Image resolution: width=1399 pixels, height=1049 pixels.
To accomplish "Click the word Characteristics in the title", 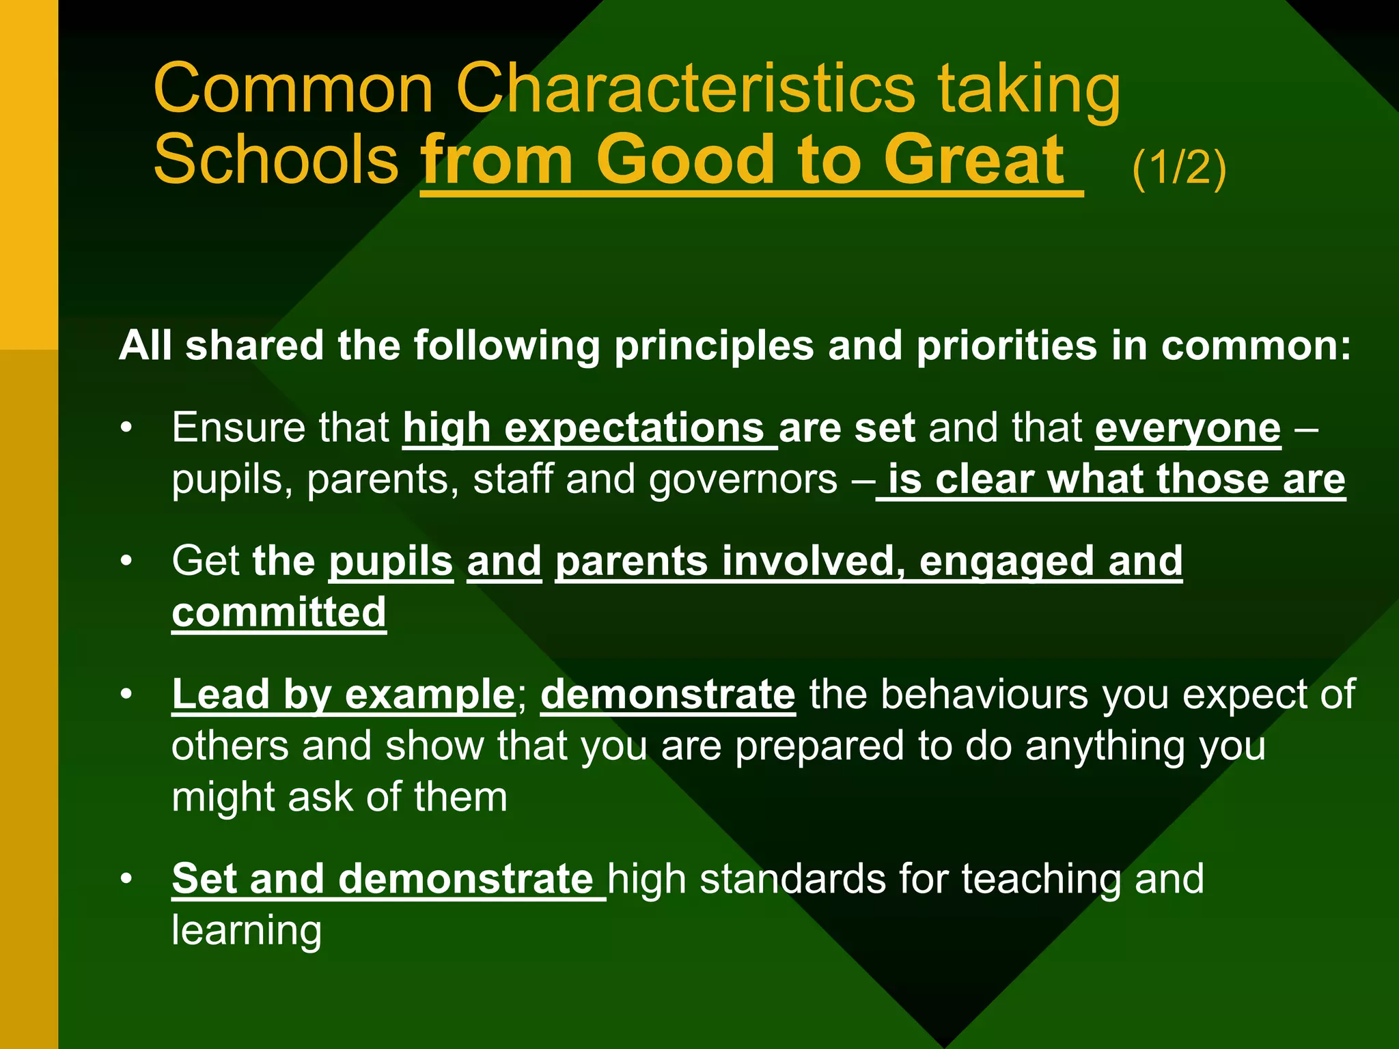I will click(684, 89).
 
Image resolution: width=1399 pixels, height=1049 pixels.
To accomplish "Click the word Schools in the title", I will click(276, 160).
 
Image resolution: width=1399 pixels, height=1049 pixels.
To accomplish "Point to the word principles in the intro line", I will click(714, 346).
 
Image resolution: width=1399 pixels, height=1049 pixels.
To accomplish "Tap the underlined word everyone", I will click(1188, 429).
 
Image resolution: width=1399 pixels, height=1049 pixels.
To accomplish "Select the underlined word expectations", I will click(634, 429).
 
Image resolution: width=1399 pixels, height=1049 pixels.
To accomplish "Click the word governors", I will click(743, 479).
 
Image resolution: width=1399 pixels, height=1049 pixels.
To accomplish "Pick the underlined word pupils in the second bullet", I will click(391, 561).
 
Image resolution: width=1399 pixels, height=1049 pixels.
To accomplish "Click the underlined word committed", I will click(279, 612).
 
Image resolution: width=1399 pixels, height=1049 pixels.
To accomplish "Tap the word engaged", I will click(1006, 561).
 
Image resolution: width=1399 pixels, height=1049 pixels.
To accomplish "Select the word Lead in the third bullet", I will click(220, 695).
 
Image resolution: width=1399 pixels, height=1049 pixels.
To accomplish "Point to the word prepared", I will click(819, 746).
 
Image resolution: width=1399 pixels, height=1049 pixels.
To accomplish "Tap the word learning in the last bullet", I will click(247, 930).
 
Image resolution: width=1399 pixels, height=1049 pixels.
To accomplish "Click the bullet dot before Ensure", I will click(126, 429).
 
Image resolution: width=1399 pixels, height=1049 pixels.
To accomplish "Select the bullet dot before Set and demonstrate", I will click(126, 879).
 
